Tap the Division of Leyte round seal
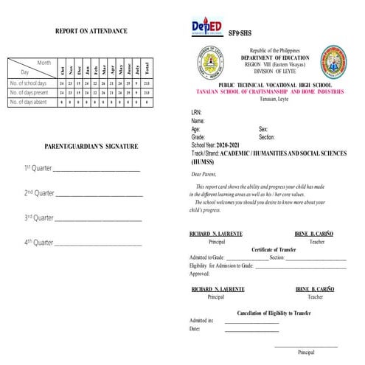[x=208, y=64]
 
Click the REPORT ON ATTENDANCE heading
[x=91, y=31]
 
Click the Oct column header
[x=63, y=70]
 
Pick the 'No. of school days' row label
[x=29, y=83]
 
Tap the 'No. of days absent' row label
[x=29, y=102]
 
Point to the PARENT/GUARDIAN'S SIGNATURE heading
[x=91, y=147]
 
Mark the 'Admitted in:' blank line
[x=253, y=322]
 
